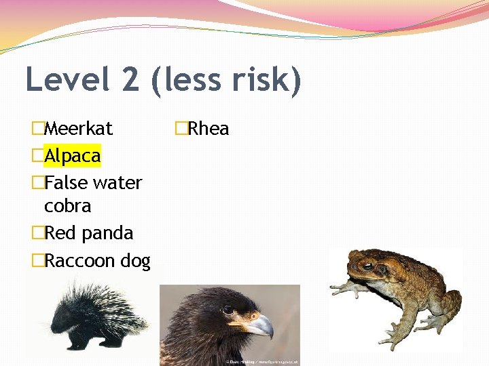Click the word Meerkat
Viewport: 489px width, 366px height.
[x=78, y=128]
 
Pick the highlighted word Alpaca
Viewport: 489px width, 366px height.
[x=72, y=156]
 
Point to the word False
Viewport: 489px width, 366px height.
[x=66, y=183]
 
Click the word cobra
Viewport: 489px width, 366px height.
[x=67, y=205]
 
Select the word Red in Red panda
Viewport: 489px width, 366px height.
[x=60, y=233]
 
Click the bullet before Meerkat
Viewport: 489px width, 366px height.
[x=38, y=128]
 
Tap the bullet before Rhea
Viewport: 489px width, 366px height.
[x=181, y=128]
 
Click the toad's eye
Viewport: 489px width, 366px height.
[x=367, y=266]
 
